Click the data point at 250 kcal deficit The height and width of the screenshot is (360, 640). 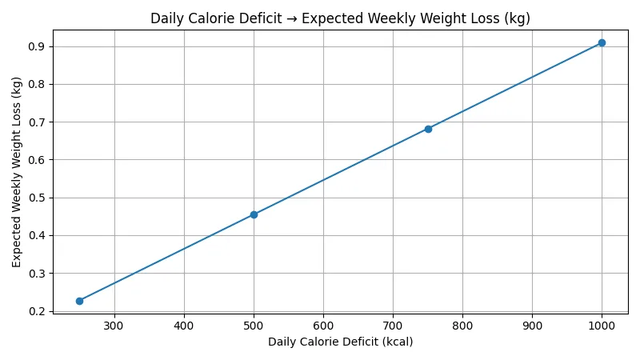79,301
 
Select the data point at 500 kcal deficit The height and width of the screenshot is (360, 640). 254,214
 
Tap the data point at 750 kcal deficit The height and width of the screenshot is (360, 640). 428,129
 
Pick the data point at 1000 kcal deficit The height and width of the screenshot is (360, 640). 602,42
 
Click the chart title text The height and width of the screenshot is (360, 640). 340,18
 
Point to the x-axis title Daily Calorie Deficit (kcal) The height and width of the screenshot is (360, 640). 340,342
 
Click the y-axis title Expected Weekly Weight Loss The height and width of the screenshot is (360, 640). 17,172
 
